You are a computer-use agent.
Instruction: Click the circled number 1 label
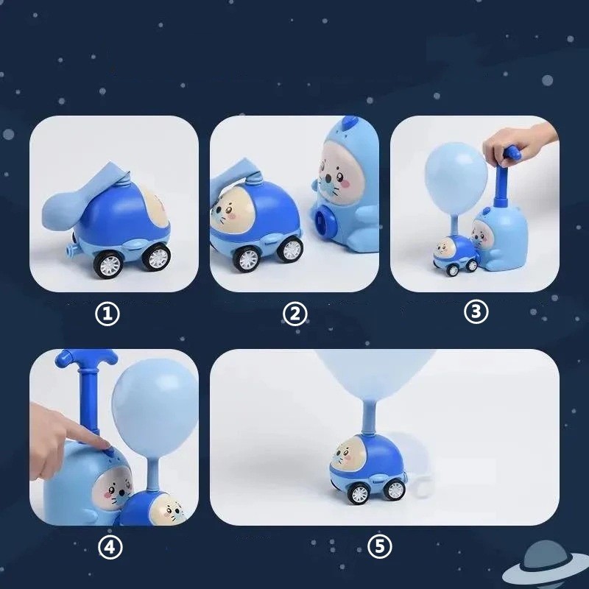[x=107, y=314]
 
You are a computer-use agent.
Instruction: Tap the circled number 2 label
[x=295, y=314]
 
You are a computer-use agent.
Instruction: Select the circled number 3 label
[x=476, y=311]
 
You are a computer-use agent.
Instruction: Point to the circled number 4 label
[x=110, y=547]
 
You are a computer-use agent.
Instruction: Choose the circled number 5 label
[x=380, y=546]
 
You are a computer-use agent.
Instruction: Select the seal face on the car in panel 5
[x=345, y=454]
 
